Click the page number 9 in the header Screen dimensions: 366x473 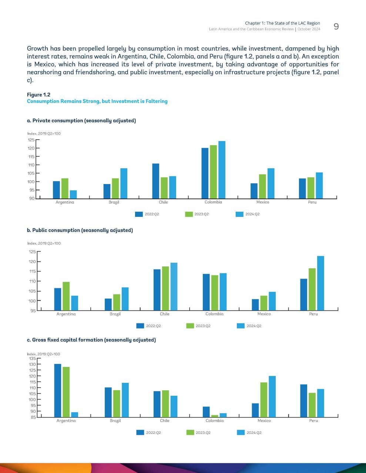pos(336,27)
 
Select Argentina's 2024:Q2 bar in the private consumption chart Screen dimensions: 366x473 pos(73,194)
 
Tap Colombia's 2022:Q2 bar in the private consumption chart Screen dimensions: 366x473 pos(205,173)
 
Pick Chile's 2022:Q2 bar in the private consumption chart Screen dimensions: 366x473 pos(156,181)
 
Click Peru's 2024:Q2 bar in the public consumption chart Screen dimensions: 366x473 pos(320,283)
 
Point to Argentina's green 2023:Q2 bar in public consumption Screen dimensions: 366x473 pos(66,296)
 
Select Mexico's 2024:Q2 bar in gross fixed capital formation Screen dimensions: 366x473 pos(272,397)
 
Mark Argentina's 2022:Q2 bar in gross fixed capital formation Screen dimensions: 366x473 pos(58,391)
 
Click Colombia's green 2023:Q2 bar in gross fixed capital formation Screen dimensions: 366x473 pos(215,416)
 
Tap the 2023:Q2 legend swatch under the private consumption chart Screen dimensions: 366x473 pos(189,214)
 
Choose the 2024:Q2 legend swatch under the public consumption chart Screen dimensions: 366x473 pos(241,326)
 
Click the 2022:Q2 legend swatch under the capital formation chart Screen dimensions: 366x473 pos(140,432)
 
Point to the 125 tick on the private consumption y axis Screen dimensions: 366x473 pos(31,140)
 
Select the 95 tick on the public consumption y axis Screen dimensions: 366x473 pos(33,311)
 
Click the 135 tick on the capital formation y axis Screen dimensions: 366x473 pos(33,358)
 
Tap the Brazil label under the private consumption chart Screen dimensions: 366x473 pos(114,202)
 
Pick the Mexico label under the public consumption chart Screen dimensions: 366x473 pos(264,314)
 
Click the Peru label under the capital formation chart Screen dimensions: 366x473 pos(313,421)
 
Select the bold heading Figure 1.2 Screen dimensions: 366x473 pos(38,95)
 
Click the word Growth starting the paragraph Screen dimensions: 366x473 pos(37,48)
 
